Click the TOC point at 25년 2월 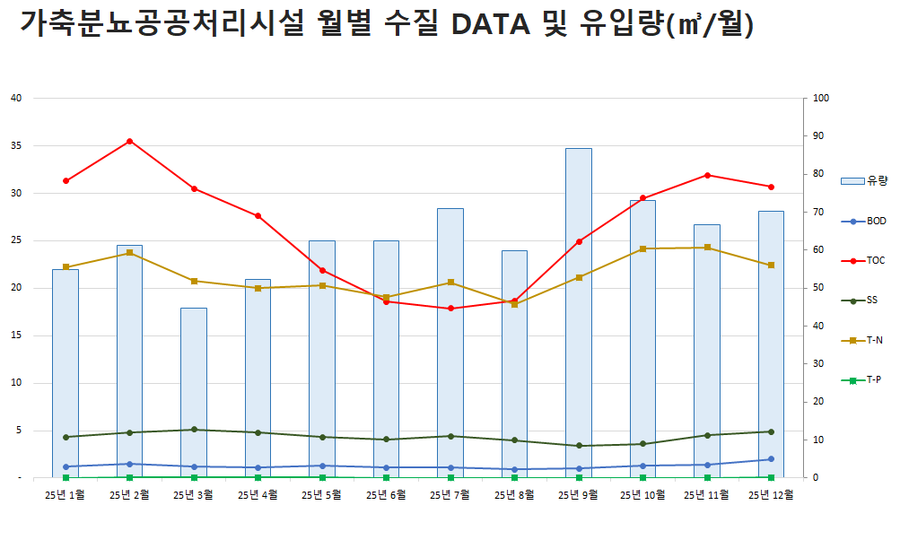point(130,141)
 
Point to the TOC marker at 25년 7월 point(450,309)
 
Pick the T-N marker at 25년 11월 point(707,248)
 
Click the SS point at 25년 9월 point(579,446)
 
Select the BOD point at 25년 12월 point(772,459)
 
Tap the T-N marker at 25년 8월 point(514,304)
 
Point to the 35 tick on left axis point(15,145)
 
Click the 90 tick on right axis point(818,136)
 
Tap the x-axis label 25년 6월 point(386,494)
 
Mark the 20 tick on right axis point(818,402)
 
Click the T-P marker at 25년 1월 point(66,478)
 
